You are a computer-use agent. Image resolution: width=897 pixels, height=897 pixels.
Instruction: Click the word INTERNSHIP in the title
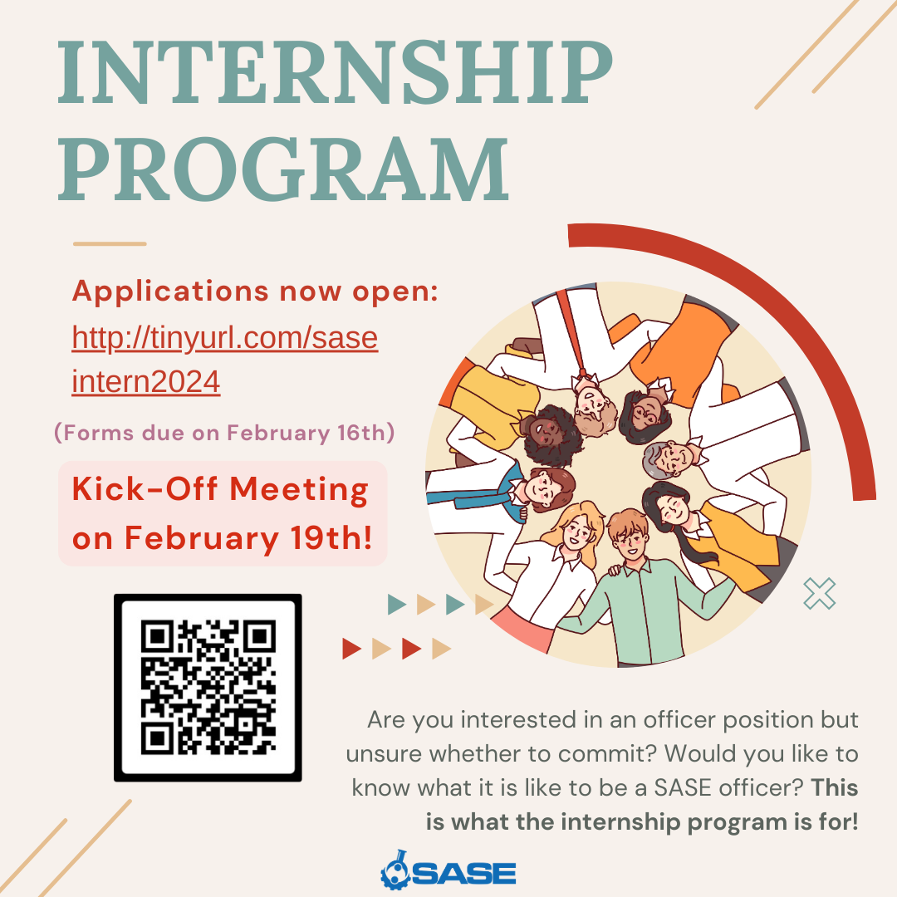pyautogui.click(x=336, y=73)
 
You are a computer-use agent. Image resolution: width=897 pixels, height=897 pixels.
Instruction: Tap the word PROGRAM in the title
pyautogui.click(x=283, y=170)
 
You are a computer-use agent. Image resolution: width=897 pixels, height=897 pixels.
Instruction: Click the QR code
pyautogui.click(x=208, y=688)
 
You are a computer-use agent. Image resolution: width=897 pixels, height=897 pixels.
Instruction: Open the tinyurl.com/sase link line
pyautogui.click(x=225, y=337)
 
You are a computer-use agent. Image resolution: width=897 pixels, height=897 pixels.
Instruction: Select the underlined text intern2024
pyautogui.click(x=146, y=381)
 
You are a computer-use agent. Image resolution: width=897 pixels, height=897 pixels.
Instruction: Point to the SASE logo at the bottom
pyautogui.click(x=448, y=870)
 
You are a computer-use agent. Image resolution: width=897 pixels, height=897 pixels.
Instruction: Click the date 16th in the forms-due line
pyautogui.click(x=362, y=433)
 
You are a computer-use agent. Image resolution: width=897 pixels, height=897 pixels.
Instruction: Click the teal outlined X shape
pyautogui.click(x=819, y=593)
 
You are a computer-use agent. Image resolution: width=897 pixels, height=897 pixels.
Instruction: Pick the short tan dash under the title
pyautogui.click(x=110, y=243)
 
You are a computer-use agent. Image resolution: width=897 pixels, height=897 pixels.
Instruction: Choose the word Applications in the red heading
pyautogui.click(x=170, y=292)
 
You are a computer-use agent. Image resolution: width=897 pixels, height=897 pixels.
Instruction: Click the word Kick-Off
pyautogui.click(x=145, y=490)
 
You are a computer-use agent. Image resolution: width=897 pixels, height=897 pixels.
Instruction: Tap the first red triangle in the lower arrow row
pyautogui.click(x=351, y=649)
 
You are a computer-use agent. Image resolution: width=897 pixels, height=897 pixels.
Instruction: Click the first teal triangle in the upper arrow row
pyautogui.click(x=396, y=604)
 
